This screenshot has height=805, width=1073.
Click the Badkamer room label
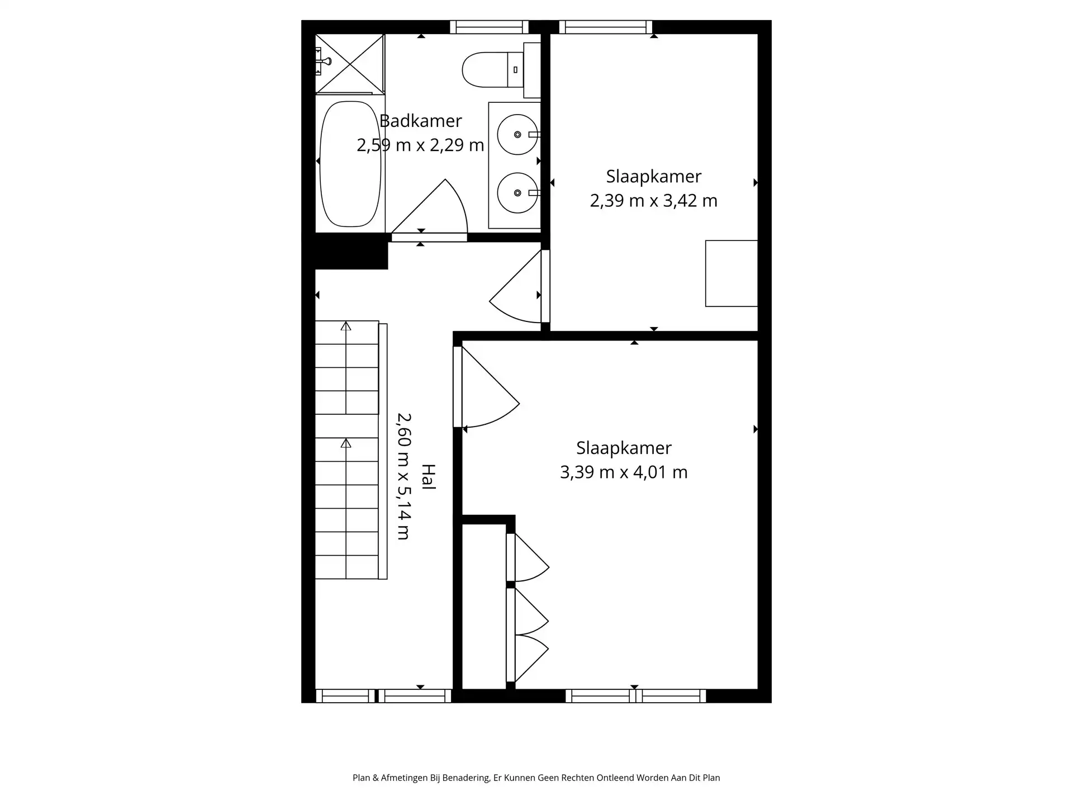tap(420, 121)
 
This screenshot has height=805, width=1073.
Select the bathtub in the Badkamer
tap(350, 164)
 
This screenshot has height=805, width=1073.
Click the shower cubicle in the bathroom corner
tap(350, 64)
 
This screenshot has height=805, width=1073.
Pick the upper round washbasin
tap(517, 135)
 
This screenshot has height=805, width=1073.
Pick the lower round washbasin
tap(517, 193)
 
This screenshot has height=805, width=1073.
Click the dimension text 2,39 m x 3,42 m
tap(653, 200)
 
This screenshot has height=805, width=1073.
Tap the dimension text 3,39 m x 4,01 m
tap(624, 472)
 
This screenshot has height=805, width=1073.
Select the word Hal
tap(428, 477)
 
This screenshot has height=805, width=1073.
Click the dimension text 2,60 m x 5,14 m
tap(404, 476)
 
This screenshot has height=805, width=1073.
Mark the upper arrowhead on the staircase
tap(346, 326)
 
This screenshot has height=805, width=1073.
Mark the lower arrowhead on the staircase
tap(346, 443)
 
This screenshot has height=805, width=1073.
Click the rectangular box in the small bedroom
tap(731, 273)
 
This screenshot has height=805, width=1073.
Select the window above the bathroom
tap(489, 27)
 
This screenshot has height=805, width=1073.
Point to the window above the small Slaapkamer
tap(606, 27)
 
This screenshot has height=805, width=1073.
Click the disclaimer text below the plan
tap(536, 778)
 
